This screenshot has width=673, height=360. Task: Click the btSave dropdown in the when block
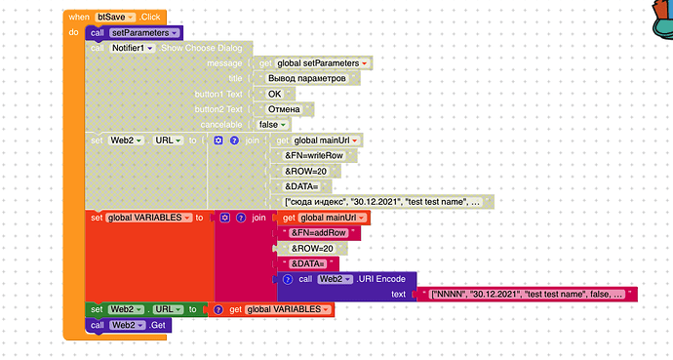(x=119, y=18)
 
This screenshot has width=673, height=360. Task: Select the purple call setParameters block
(x=126, y=33)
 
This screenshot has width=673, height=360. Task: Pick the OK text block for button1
(x=274, y=94)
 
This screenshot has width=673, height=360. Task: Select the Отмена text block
(x=290, y=109)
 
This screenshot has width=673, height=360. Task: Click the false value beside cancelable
(x=272, y=125)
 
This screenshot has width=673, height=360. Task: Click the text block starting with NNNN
(x=527, y=294)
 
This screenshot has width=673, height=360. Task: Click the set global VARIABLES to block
(x=146, y=218)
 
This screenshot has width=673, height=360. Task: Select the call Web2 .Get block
(x=126, y=325)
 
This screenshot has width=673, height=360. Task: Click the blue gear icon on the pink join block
(x=224, y=218)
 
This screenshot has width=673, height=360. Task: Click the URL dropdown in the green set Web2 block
(x=168, y=309)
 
